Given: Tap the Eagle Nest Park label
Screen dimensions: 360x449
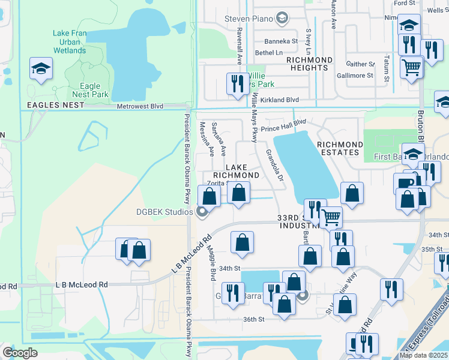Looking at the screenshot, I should pos(90,90).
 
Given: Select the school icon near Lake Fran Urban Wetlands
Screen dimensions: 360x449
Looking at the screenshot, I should pos(41,69).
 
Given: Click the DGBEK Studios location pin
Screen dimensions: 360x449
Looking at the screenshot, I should pos(202,211).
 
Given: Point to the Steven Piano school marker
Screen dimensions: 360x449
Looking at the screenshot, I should pos(282,19).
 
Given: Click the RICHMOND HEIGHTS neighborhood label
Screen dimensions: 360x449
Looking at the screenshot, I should pos(309,64).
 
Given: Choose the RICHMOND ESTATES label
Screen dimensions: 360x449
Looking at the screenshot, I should pos(340,148).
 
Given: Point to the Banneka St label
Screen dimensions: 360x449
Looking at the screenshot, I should pos(281,41).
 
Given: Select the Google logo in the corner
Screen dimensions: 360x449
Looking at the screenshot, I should pos(20,353).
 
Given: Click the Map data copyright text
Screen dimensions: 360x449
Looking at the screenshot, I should pos(423,355).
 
